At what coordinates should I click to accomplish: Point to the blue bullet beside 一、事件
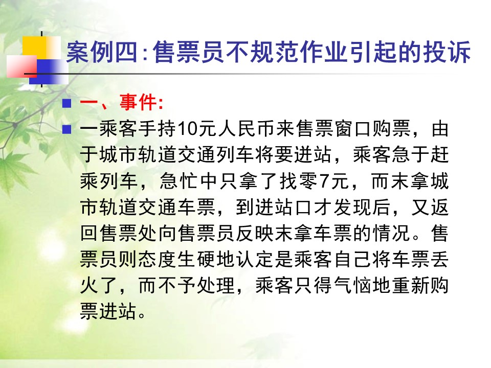coord(66,103)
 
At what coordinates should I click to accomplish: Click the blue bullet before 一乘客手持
coord(66,129)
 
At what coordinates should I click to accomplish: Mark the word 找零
coord(299,181)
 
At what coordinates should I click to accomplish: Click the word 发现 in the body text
coord(352,207)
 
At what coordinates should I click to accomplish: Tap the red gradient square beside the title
coord(22,66)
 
